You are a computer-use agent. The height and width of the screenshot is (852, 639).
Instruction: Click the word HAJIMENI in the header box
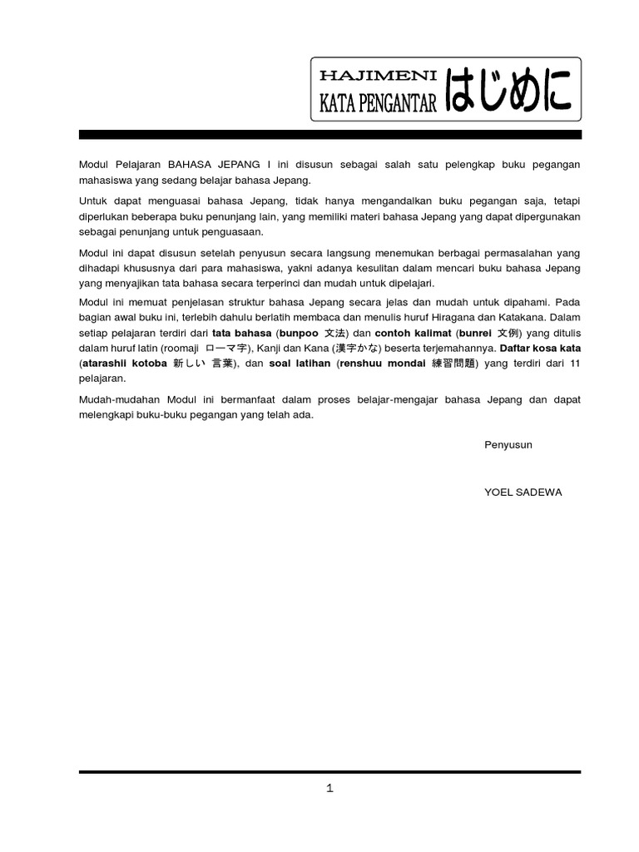378,76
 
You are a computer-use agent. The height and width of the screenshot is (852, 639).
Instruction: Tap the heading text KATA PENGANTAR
378,102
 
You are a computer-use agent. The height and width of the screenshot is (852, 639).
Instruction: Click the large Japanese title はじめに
509,90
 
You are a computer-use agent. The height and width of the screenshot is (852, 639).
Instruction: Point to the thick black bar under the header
329,134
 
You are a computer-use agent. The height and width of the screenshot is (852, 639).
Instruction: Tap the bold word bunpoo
302,333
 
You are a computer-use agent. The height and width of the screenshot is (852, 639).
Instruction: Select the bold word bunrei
477,333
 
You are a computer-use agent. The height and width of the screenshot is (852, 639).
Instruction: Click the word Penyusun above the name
508,444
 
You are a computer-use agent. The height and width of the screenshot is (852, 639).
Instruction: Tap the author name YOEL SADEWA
523,492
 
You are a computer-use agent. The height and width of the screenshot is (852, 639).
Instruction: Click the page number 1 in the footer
329,790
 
